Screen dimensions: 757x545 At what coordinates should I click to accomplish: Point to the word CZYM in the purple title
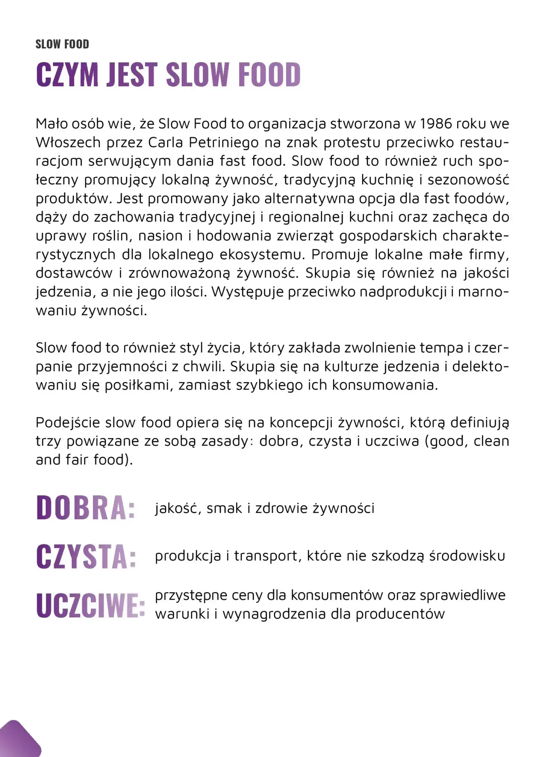tap(67, 74)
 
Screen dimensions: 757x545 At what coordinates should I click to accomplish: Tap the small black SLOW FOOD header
tap(62, 44)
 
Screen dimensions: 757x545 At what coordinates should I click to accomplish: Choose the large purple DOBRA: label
tap(86, 508)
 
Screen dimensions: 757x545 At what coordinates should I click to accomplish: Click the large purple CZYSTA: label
tap(86, 556)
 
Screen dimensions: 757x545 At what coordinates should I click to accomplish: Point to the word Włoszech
tap(69, 142)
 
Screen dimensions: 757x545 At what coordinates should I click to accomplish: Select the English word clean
tap(491, 441)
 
